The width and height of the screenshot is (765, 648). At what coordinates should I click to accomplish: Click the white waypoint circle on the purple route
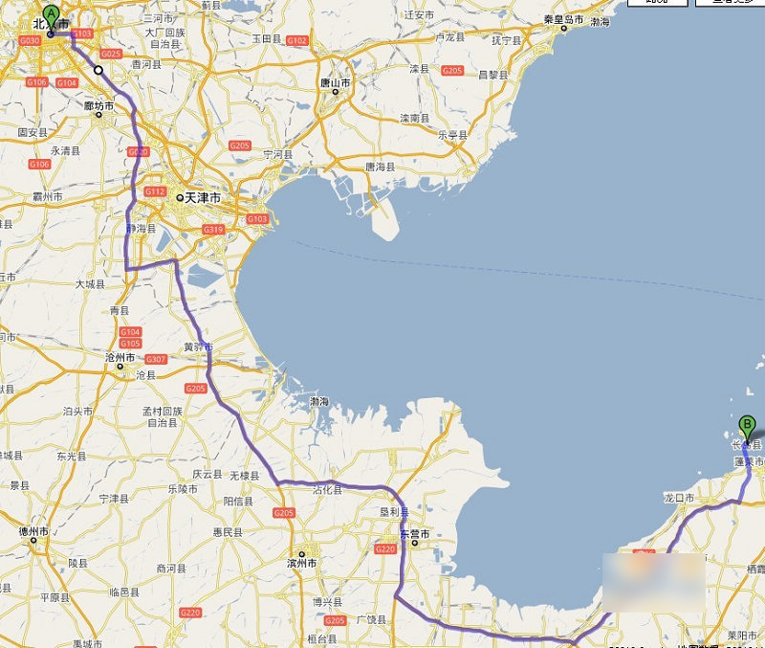point(98,70)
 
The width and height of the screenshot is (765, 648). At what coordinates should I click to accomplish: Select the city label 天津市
point(203,197)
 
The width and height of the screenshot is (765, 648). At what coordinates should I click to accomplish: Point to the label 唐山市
point(336,83)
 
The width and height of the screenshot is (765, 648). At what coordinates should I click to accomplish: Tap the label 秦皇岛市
point(563,19)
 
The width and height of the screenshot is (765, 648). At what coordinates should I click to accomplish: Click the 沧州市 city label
point(122,356)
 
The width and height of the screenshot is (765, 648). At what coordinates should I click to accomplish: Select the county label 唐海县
point(380,167)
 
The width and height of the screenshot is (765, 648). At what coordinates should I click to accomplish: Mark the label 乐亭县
point(451,135)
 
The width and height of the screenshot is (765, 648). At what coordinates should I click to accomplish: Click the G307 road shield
point(156,360)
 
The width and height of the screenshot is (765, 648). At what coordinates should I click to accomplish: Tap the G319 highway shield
point(212,229)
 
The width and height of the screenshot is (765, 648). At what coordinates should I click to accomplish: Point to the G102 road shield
point(296,40)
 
